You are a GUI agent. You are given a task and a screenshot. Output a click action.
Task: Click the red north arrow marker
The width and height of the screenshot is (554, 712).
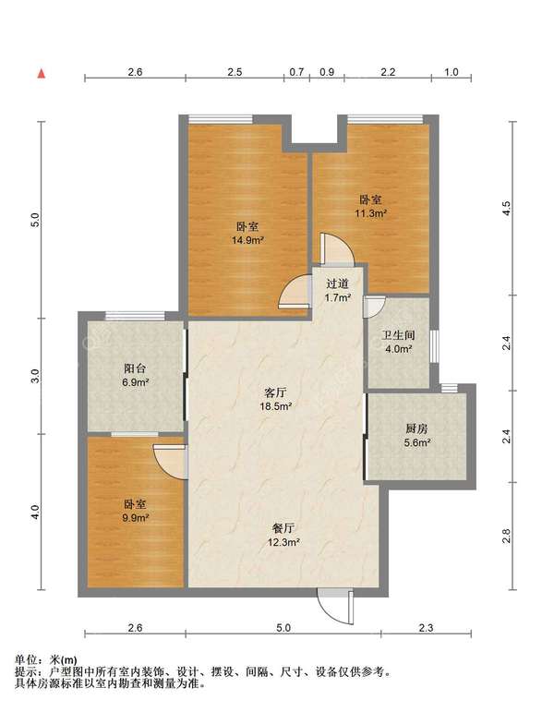pyautogui.click(x=42, y=74)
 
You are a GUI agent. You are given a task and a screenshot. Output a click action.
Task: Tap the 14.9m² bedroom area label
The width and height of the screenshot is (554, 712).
pyautogui.click(x=248, y=240)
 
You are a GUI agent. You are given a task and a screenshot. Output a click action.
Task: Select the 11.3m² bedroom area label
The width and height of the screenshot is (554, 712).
pyautogui.click(x=370, y=213)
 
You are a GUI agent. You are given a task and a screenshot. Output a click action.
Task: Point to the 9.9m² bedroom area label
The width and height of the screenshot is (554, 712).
pyautogui.click(x=136, y=517)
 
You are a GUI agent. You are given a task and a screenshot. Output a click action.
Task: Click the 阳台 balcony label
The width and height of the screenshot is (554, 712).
pyautogui.click(x=135, y=368)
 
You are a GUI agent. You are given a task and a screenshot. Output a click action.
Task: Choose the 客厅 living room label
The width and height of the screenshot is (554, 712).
pyautogui.click(x=275, y=392)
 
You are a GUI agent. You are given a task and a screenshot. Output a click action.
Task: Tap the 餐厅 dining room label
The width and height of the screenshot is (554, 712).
pyautogui.click(x=283, y=528)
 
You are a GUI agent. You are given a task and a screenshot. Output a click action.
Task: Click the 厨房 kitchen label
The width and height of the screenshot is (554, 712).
pyautogui.click(x=416, y=428)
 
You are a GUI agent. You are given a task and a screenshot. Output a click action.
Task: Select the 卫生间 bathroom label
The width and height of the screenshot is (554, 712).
pyautogui.click(x=398, y=335)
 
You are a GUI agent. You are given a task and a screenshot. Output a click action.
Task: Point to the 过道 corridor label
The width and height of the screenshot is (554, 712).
pyautogui.click(x=337, y=284)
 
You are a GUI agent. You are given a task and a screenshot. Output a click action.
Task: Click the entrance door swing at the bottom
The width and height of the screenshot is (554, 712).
pyautogui.click(x=336, y=606)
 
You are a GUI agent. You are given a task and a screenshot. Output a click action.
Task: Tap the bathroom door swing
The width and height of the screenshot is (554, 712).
pyautogui.click(x=374, y=307)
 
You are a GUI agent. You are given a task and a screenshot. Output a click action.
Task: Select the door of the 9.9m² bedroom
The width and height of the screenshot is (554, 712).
pyautogui.click(x=171, y=462)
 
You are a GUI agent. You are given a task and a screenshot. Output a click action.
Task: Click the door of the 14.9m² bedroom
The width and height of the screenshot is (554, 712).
pyautogui.click(x=295, y=293)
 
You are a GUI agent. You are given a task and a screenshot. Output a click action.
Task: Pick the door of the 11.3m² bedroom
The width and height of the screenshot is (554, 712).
pyautogui.click(x=336, y=248)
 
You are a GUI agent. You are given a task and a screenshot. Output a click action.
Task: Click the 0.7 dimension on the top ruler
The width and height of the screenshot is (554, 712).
pyautogui.click(x=296, y=72)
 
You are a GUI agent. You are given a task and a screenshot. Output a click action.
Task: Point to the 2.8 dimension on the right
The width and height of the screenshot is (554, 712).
pyautogui.click(x=507, y=536)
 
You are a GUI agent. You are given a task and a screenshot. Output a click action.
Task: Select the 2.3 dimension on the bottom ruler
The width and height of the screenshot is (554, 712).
pyautogui.click(x=426, y=628)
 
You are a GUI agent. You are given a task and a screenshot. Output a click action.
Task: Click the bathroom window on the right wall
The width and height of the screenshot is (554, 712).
pyautogui.click(x=435, y=346)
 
